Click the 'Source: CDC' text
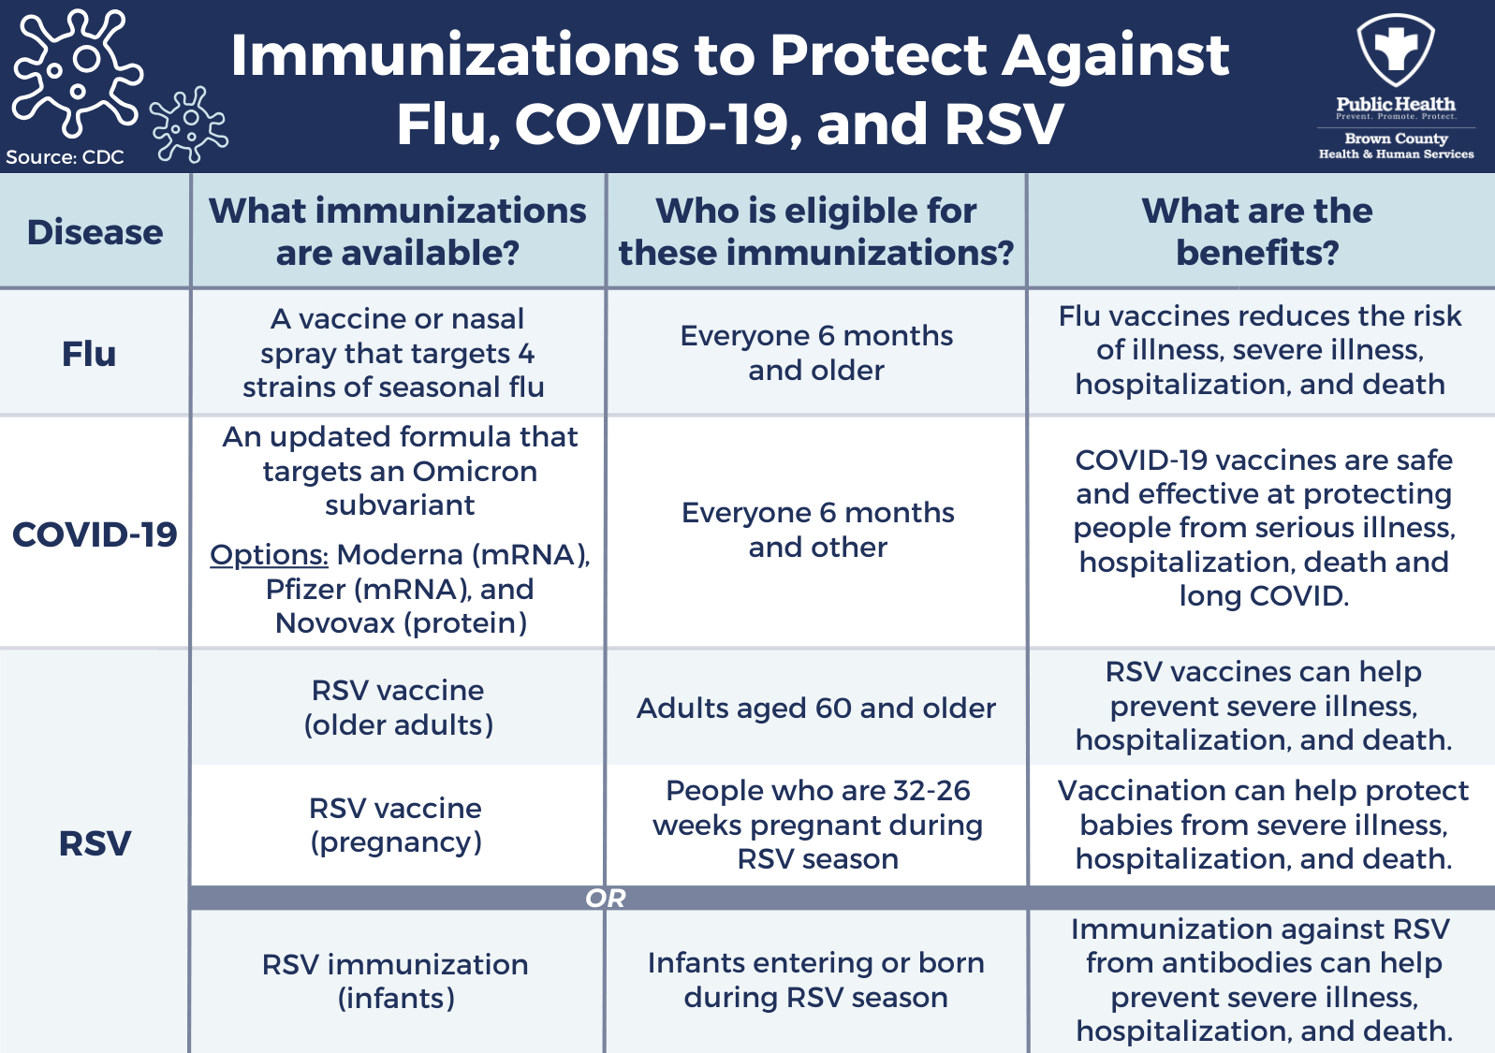click(65, 157)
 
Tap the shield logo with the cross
click(1396, 50)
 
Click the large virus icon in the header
click(77, 72)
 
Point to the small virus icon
click(189, 124)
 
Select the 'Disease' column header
click(95, 232)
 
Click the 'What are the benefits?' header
click(1257, 231)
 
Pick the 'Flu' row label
click(89, 354)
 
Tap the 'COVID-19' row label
click(95, 534)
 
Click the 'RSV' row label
click(95, 843)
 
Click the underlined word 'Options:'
click(269, 555)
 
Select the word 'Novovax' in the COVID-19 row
click(335, 623)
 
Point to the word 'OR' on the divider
click(606, 899)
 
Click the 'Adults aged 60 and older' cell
click(816, 708)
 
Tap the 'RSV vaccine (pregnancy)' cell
click(396, 826)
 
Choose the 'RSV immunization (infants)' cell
click(395, 982)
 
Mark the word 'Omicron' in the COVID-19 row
click(476, 472)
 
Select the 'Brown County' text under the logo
click(1396, 139)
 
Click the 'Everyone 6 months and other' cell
click(817, 530)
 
